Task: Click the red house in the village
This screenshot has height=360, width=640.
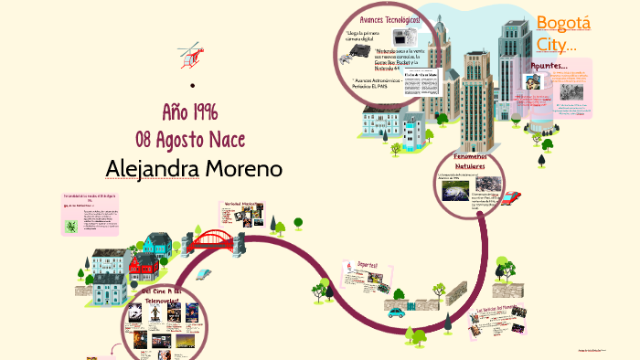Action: [x=142, y=266]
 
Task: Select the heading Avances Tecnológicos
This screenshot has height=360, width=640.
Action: [x=390, y=19]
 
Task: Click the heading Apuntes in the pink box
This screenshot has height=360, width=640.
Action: [x=549, y=66]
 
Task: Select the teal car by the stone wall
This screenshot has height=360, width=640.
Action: [x=396, y=311]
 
